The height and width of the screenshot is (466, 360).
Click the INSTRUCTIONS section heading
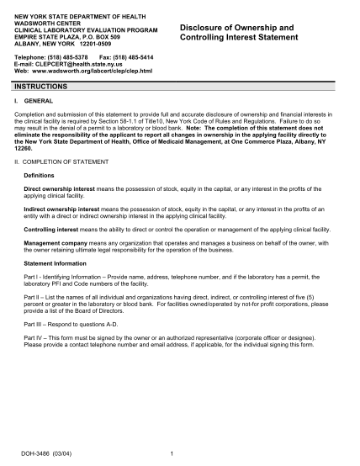[40, 87]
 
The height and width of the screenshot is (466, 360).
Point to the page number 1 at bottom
[172, 453]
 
